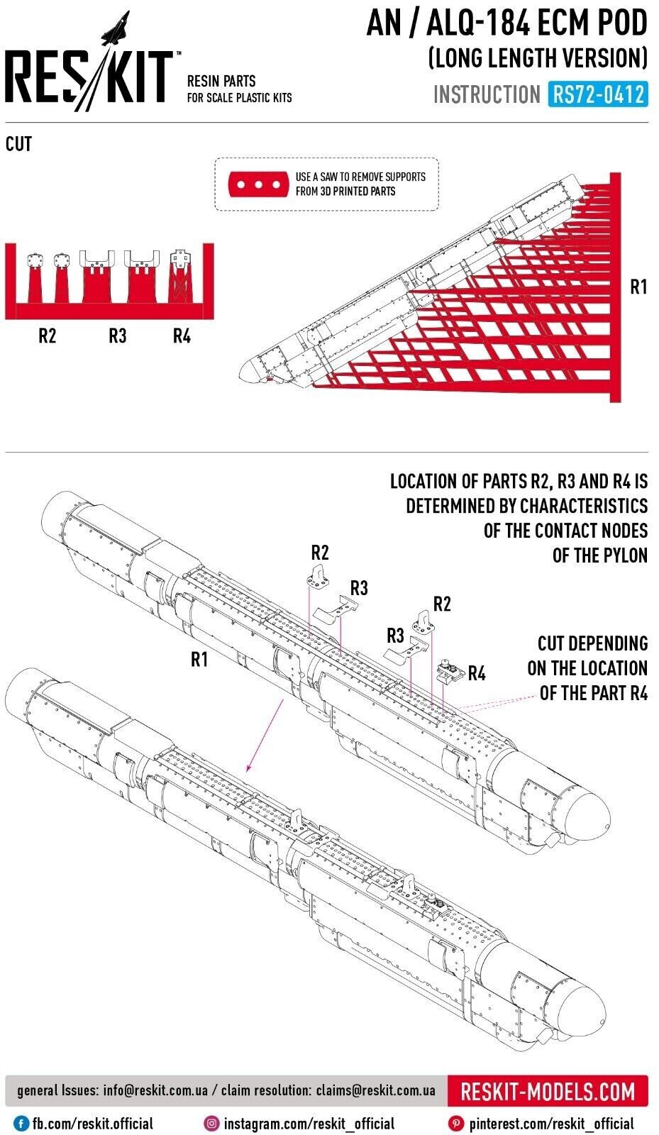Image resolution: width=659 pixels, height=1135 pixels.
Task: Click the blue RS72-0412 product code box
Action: tap(597, 94)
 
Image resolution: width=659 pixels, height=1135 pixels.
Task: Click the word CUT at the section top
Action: tap(18, 144)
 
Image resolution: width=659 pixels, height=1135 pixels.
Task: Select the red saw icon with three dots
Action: tap(258, 184)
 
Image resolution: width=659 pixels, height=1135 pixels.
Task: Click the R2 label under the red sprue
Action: tap(47, 336)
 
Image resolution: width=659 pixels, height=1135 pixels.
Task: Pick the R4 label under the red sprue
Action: tap(182, 336)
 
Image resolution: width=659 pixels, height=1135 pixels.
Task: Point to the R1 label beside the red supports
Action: tap(638, 287)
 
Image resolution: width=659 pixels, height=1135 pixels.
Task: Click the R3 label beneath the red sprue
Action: tap(117, 336)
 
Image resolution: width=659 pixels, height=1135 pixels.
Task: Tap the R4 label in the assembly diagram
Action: tap(476, 673)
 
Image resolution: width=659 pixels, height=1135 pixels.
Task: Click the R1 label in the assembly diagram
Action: tap(199, 659)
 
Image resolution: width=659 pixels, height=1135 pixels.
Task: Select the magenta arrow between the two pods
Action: tap(265, 738)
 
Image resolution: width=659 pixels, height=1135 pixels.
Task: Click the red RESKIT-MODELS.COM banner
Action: tap(548, 1091)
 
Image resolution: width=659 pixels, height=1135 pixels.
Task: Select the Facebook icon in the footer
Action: tap(21, 1124)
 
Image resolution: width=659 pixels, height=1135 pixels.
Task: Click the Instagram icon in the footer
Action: tap(211, 1124)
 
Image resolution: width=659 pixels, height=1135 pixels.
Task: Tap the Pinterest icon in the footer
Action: tap(457, 1124)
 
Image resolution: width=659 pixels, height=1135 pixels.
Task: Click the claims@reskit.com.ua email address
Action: tap(375, 1090)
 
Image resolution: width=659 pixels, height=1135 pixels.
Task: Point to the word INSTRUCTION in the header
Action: tap(487, 94)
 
